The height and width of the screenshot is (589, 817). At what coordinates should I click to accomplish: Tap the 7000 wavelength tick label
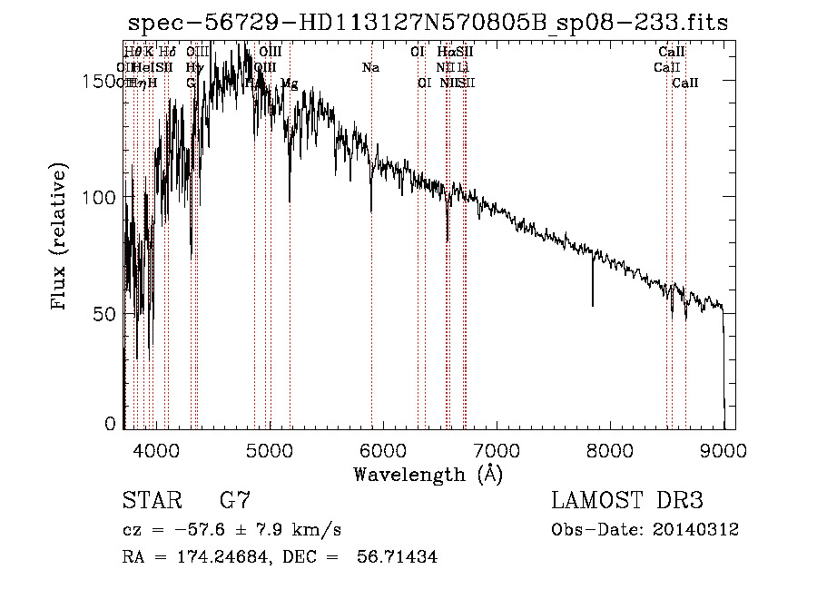[497, 449]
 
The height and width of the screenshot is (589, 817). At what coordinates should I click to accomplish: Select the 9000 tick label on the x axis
[723, 449]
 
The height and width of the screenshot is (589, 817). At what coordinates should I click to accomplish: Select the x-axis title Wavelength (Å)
[428, 474]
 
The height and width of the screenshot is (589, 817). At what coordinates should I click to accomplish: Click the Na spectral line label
[370, 67]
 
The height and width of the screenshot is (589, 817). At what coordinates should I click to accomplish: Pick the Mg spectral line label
[289, 83]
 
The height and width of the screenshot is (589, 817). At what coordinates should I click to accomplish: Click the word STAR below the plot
[149, 500]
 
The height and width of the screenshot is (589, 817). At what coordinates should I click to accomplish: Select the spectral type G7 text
[234, 500]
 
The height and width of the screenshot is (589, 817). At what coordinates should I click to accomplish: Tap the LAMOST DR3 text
[626, 500]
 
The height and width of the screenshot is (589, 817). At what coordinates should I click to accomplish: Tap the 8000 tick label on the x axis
[610, 449]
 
